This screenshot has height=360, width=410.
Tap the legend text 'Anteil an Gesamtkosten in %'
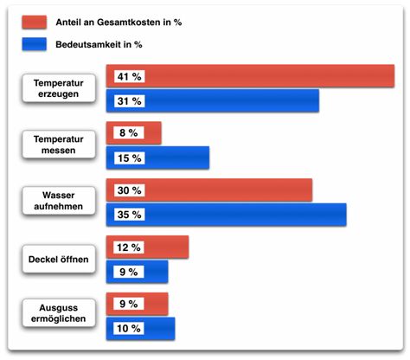pos(129,22)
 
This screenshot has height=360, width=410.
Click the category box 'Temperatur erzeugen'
pos(58,88)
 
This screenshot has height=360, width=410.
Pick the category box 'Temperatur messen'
pos(58,145)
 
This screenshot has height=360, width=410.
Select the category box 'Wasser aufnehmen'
pos(58,202)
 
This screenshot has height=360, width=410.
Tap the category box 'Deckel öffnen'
pos(58,259)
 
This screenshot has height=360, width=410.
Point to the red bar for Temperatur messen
pos(151,133)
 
